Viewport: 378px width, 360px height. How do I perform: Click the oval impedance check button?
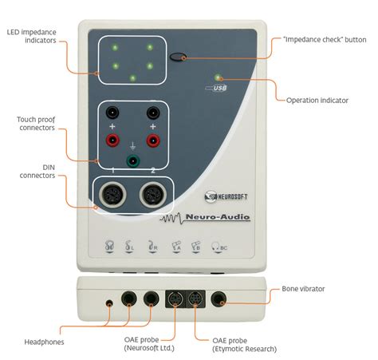(178, 57)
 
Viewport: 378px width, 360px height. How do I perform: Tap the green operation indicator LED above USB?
(218, 77)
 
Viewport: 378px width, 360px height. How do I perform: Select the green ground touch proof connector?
(133, 160)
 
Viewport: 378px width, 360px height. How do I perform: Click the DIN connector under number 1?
(112, 194)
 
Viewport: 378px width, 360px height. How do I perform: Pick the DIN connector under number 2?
(153, 194)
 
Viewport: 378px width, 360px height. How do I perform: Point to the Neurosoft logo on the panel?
(226, 196)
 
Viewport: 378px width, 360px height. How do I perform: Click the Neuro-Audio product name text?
(218, 217)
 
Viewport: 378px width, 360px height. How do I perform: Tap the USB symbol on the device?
(216, 88)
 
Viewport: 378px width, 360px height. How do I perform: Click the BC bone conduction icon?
(219, 247)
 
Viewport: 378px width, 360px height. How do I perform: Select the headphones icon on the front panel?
(109, 246)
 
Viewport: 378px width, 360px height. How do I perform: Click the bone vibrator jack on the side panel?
(219, 299)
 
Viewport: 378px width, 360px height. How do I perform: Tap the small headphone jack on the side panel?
(109, 303)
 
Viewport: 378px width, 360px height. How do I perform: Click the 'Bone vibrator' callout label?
(303, 289)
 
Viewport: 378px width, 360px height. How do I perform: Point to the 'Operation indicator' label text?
(317, 101)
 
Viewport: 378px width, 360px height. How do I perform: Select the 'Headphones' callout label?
(44, 342)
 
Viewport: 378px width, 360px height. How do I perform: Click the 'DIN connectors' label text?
(37, 172)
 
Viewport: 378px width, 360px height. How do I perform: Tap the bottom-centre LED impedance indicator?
(132, 78)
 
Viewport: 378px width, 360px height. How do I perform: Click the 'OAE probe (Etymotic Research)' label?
(244, 345)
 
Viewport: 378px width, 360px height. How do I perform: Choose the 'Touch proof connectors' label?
(36, 124)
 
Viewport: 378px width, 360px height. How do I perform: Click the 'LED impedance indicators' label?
(32, 36)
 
